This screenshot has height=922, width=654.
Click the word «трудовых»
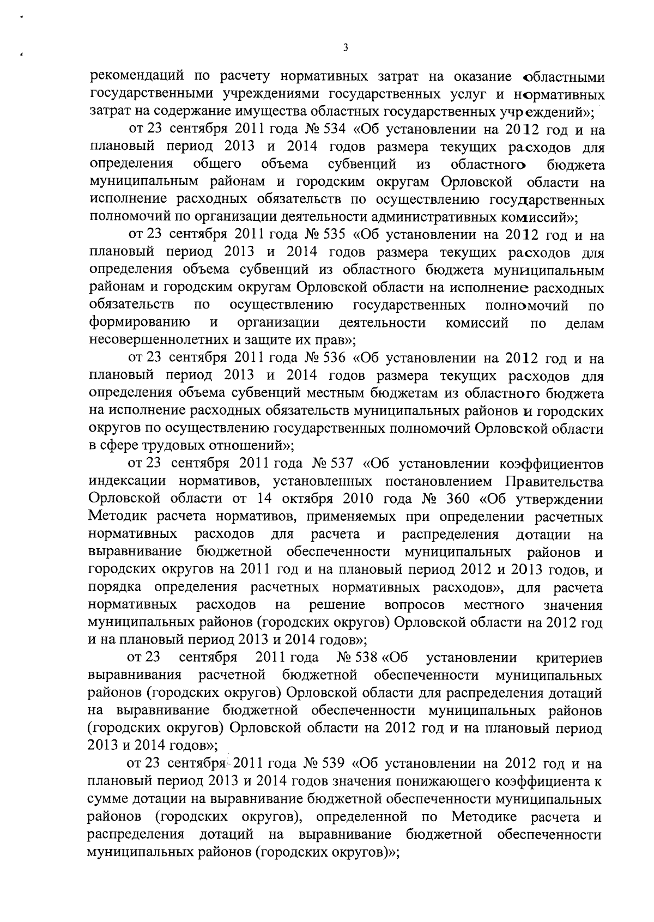tap(156, 446)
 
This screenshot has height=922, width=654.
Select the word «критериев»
tap(570, 658)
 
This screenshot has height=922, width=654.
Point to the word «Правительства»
tap(555, 482)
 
